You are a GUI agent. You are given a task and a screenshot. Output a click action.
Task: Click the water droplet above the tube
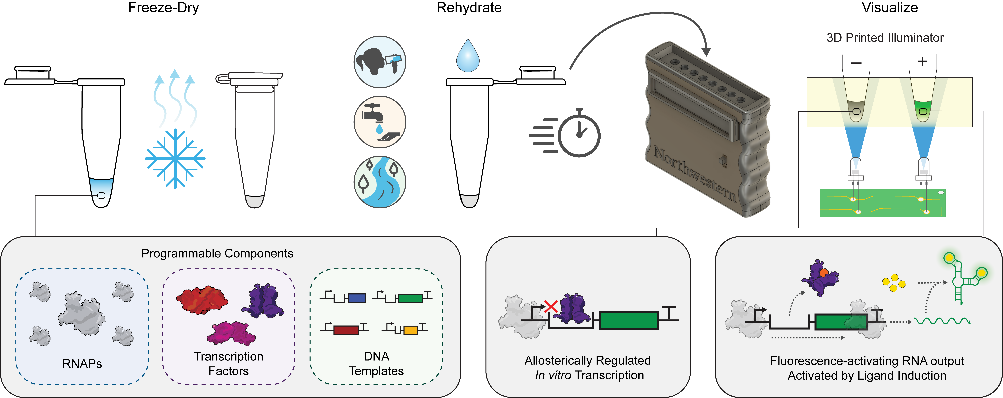[468, 56]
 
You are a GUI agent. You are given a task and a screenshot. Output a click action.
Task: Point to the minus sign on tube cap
[856, 63]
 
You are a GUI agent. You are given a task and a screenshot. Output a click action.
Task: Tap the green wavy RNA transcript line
[942, 321]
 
